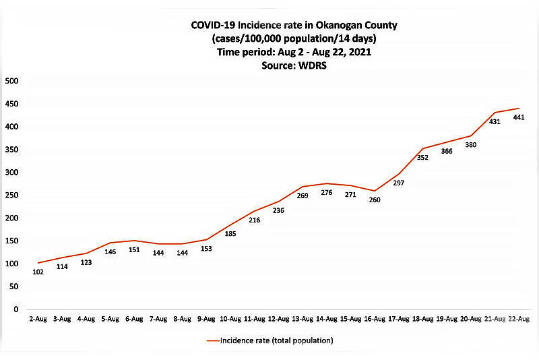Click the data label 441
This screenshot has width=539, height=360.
pos(519,117)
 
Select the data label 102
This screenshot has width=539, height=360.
pos(38,272)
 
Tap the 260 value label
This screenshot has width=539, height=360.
pos(375,200)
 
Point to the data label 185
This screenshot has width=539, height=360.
pos(230,234)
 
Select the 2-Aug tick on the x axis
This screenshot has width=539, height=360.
pos(38,318)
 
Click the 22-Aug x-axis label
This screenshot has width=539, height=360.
pos(519,318)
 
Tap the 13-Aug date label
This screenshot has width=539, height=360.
pos(303,318)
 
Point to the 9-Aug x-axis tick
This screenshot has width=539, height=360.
pos(206,318)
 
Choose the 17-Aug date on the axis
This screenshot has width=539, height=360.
pos(399,318)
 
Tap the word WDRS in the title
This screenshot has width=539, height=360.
pos(289,66)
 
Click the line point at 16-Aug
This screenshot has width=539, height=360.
pos(375,191)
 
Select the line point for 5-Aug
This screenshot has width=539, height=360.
pos(110,243)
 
